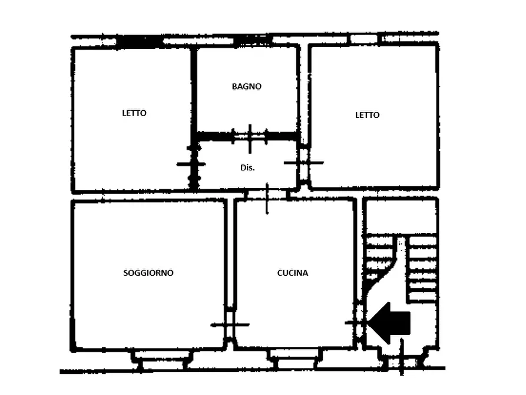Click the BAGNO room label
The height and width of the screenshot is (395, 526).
(x=247, y=86)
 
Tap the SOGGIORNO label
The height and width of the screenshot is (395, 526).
(x=148, y=273)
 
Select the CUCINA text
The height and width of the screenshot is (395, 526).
(x=293, y=273)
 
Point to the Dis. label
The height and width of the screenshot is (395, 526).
(x=247, y=167)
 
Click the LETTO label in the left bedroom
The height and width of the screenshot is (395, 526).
(x=134, y=113)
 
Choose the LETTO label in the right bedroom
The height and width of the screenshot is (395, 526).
(x=368, y=115)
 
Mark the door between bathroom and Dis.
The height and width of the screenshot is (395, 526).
(x=250, y=137)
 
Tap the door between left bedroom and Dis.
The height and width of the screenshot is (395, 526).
(x=192, y=164)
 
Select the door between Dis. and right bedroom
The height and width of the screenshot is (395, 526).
(x=303, y=163)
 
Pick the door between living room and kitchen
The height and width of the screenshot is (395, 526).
(x=230, y=324)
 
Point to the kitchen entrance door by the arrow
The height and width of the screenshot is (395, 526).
(x=359, y=323)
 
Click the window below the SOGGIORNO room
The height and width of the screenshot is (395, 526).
(x=162, y=360)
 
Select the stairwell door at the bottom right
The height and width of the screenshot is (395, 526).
(x=402, y=360)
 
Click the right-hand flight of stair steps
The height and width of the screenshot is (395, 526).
(x=423, y=269)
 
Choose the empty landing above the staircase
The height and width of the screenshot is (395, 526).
(x=401, y=216)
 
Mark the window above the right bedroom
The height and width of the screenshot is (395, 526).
(x=364, y=39)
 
